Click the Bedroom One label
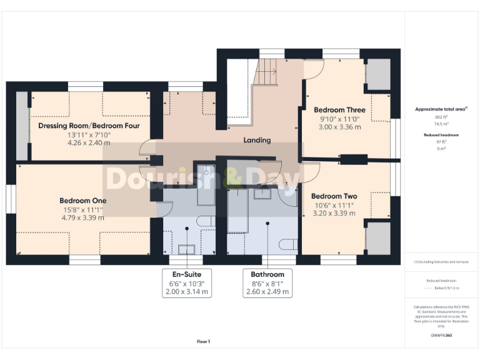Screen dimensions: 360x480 pyautogui.click(x=83, y=201)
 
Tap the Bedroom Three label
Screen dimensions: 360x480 pyautogui.click(x=339, y=110)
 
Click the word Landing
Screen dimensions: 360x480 pyautogui.click(x=257, y=140)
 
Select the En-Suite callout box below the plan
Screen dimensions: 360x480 pyautogui.click(x=187, y=283)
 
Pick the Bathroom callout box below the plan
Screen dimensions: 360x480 pyautogui.click(x=267, y=283)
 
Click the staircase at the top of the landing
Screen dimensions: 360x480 pyautogui.click(x=266, y=72)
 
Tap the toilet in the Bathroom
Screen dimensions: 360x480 pyautogui.click(x=288, y=244)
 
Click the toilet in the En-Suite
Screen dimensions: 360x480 pyautogui.click(x=206, y=221)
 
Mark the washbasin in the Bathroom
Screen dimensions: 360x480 pyautogui.click(x=262, y=194)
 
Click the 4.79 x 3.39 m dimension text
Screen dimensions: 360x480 pyautogui.click(x=83, y=217)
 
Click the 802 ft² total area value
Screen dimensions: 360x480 pyautogui.click(x=441, y=117)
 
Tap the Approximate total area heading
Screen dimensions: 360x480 pyautogui.click(x=441, y=109)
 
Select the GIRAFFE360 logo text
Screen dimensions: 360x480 pyautogui.click(x=441, y=335)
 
